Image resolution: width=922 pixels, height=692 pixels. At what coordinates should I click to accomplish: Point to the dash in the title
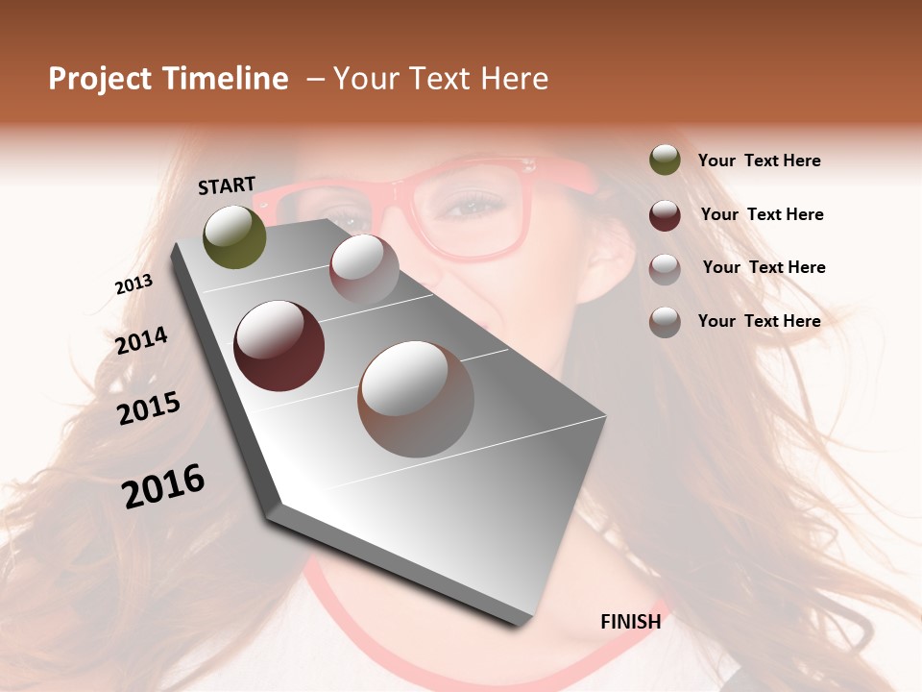click(315, 79)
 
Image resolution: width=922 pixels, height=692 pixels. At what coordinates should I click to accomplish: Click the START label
click(227, 185)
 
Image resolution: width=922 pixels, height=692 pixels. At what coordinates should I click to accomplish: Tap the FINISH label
click(630, 622)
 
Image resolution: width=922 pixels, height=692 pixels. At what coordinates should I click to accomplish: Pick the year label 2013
click(133, 284)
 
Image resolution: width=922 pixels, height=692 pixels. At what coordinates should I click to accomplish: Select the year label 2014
click(141, 341)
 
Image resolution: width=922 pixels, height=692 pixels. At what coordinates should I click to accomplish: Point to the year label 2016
click(163, 485)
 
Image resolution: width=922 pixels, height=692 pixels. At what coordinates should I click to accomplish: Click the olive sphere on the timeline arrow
click(234, 236)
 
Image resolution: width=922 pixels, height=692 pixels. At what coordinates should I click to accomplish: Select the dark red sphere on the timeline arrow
click(279, 346)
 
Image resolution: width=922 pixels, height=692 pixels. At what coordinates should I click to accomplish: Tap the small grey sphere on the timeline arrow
click(364, 268)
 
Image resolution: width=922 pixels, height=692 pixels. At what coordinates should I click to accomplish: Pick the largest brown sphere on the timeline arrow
click(416, 398)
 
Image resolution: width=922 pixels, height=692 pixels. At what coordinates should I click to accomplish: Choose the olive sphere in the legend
click(665, 160)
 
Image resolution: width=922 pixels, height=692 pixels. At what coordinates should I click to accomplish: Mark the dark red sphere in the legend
click(665, 214)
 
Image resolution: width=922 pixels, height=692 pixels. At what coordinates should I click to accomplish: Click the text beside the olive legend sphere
click(759, 161)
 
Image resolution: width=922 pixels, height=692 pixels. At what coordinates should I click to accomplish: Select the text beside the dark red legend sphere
click(762, 214)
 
